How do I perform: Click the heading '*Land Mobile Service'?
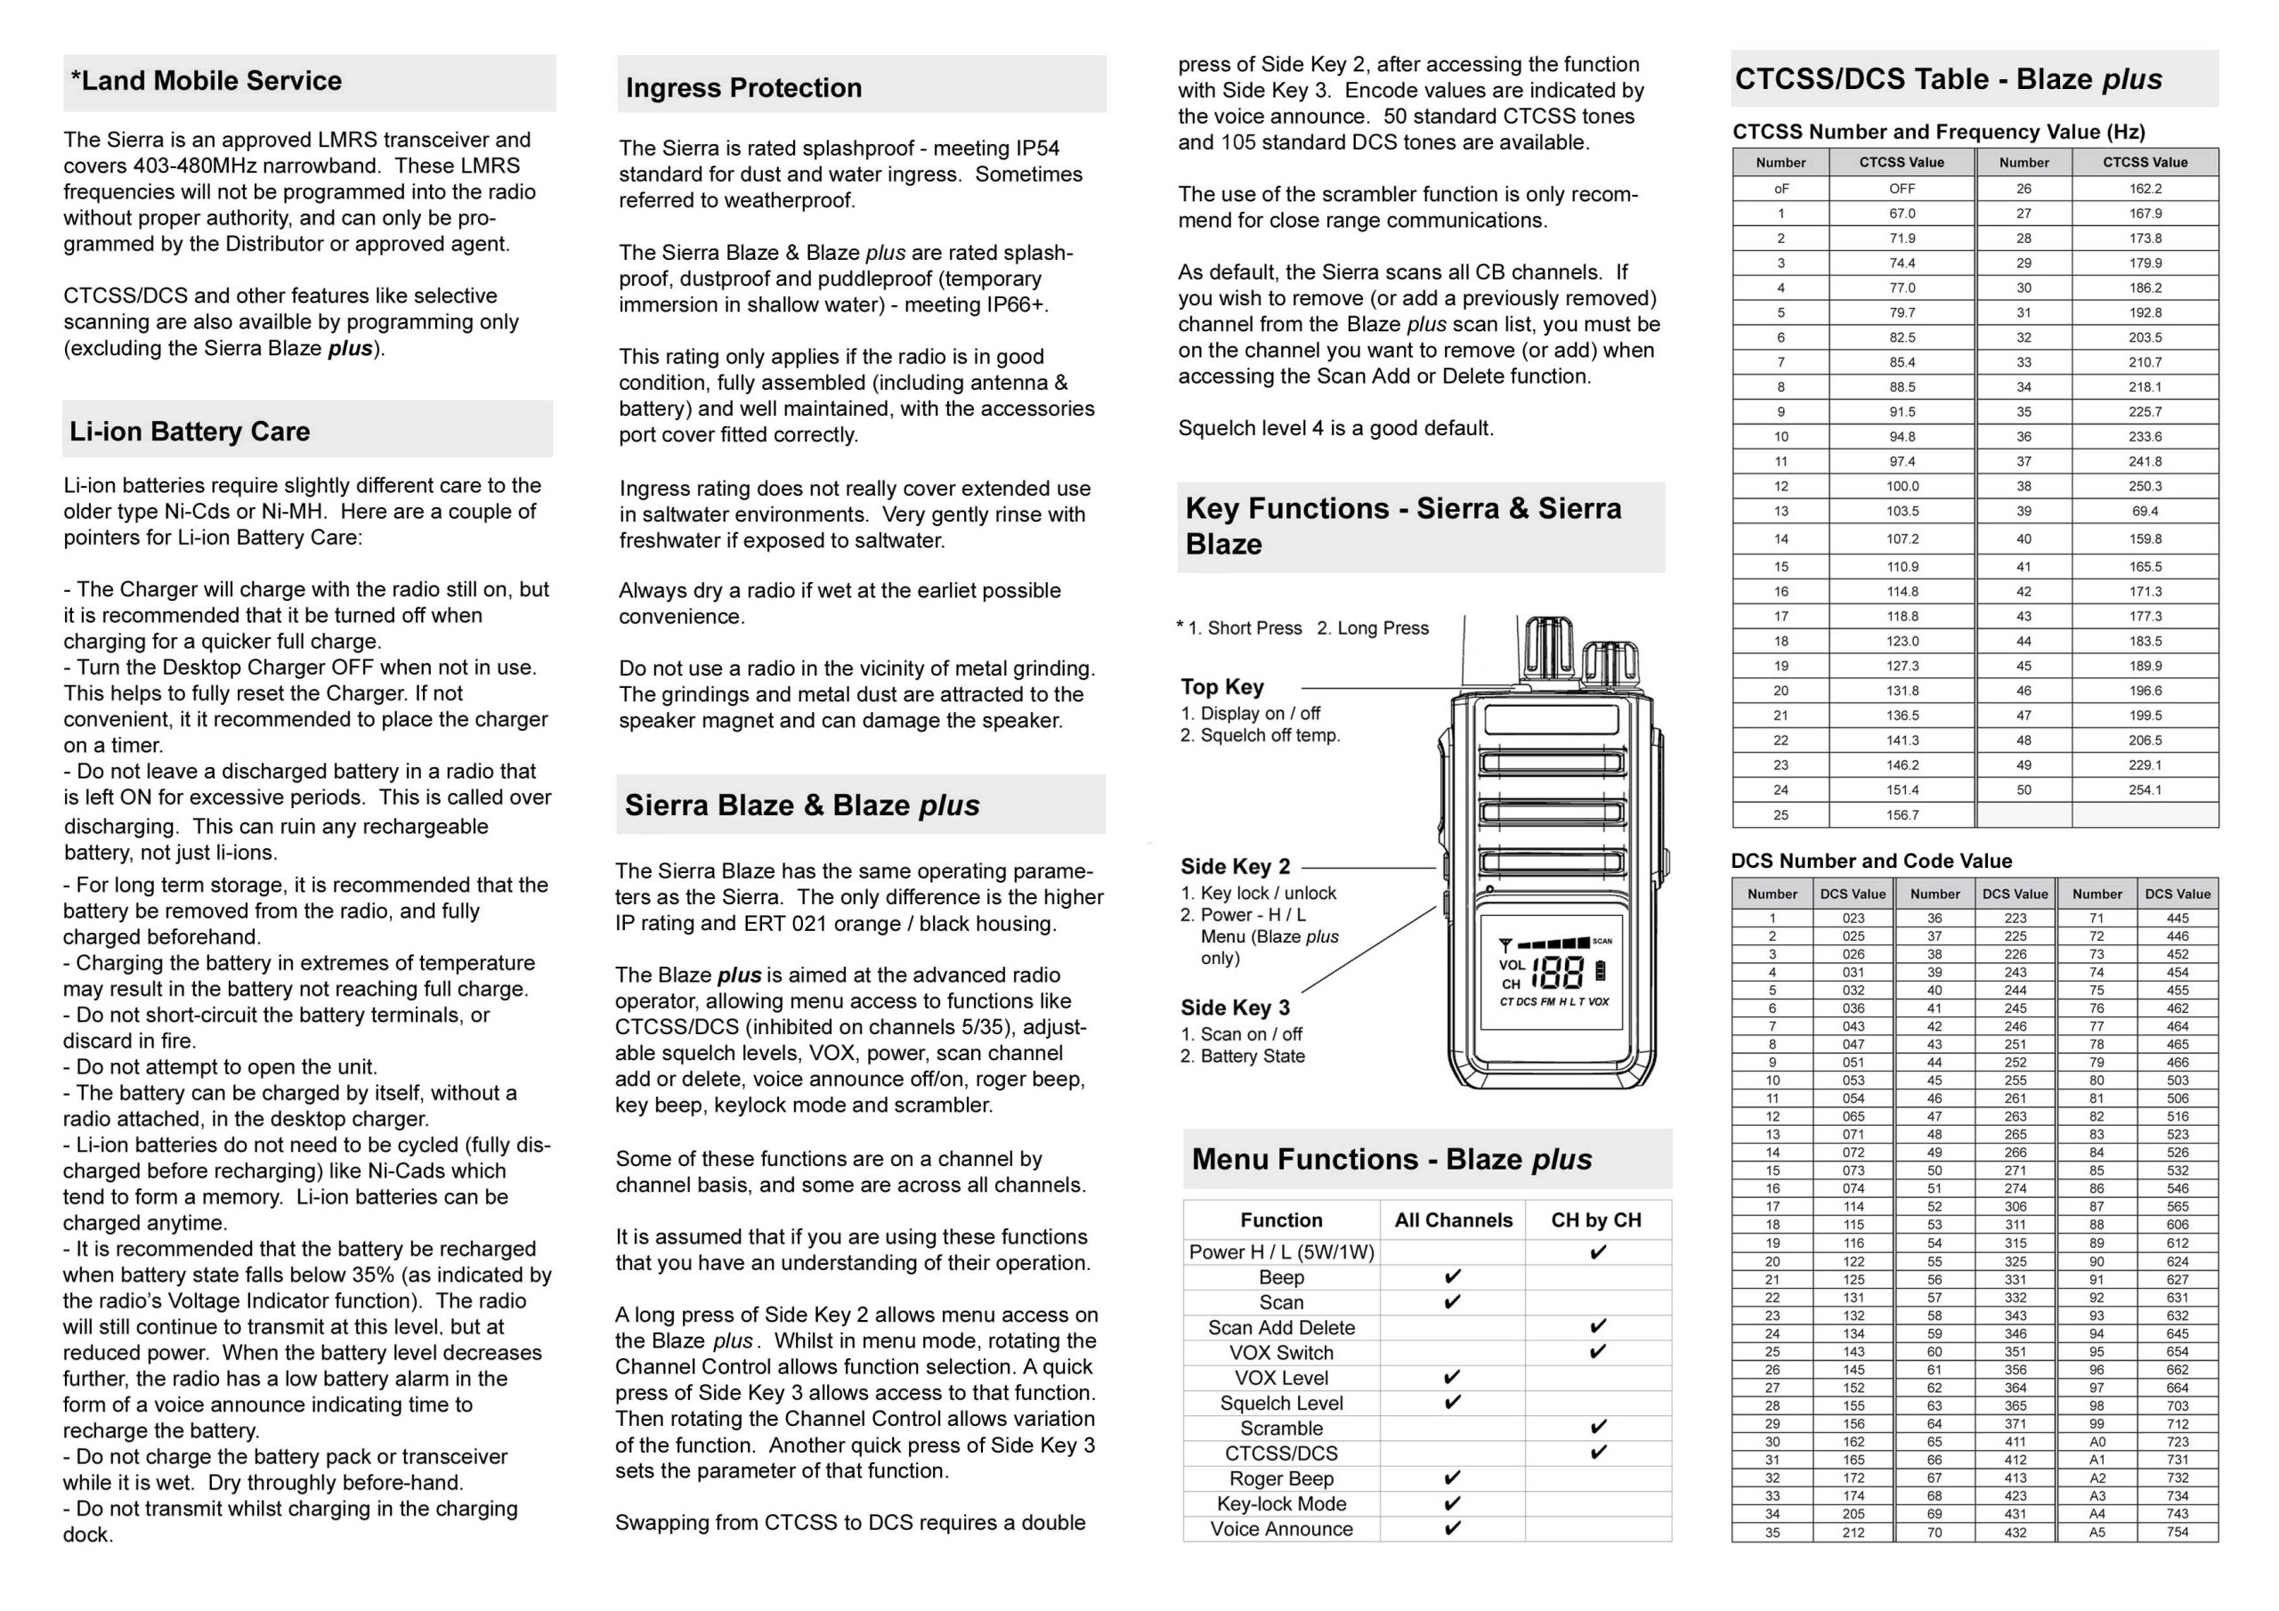point(206,80)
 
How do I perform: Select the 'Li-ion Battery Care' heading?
point(190,431)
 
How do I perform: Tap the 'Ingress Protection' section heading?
point(743,87)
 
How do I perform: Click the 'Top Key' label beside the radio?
point(1222,687)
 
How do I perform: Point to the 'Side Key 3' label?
point(1235,1008)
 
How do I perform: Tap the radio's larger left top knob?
point(1548,648)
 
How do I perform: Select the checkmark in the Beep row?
point(1452,1276)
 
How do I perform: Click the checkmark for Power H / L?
point(1597,1251)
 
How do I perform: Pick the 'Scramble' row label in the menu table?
point(1281,1429)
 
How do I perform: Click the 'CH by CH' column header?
point(1596,1220)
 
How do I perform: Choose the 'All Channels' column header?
point(1453,1220)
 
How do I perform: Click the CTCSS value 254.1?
point(2145,790)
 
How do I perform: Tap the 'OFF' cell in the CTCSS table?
point(1902,189)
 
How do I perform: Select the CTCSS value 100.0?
point(1902,486)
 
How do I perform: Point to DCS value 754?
point(2178,1532)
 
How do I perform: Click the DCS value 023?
point(1853,919)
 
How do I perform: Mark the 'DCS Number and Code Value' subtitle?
point(1871,861)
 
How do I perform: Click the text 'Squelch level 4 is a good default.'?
point(1335,428)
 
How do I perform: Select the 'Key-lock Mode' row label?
point(1281,1504)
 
